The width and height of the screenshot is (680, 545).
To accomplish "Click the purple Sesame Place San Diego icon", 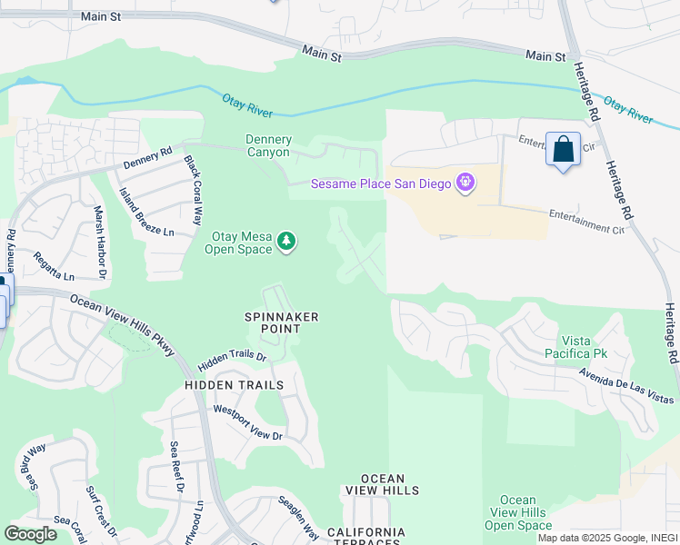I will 465,183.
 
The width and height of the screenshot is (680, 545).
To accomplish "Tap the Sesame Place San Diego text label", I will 381,183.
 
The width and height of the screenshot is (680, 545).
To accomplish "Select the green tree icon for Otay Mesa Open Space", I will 287,242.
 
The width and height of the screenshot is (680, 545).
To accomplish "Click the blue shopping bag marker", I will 563,150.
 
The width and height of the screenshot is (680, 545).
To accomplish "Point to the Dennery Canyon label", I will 269,146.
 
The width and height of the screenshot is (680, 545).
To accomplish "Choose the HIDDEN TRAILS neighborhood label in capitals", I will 234,385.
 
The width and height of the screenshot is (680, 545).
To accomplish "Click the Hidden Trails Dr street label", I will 232,359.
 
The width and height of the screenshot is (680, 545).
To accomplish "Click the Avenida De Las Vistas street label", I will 627,386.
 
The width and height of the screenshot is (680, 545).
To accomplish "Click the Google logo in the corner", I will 30,534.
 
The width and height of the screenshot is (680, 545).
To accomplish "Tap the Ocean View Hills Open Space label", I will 518,512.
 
